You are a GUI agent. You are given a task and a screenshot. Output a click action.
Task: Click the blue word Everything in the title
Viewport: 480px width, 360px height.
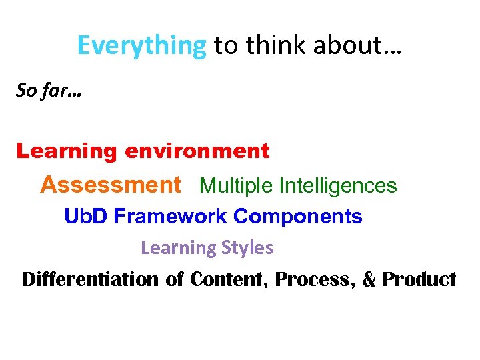tap(141, 45)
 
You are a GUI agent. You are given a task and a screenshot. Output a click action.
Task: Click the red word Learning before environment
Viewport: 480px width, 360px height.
tap(67, 152)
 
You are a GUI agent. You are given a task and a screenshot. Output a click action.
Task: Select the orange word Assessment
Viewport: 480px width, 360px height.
tap(110, 185)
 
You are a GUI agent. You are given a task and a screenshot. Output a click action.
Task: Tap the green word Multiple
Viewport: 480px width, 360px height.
tap(237, 185)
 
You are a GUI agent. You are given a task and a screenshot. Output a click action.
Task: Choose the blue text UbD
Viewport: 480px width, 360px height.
tap(86, 217)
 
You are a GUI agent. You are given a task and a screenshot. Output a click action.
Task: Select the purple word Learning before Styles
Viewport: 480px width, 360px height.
tap(175, 248)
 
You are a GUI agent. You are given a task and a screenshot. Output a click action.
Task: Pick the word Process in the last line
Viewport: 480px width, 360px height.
tap(313, 279)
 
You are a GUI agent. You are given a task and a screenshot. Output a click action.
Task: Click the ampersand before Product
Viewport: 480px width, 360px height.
tap(369, 279)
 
